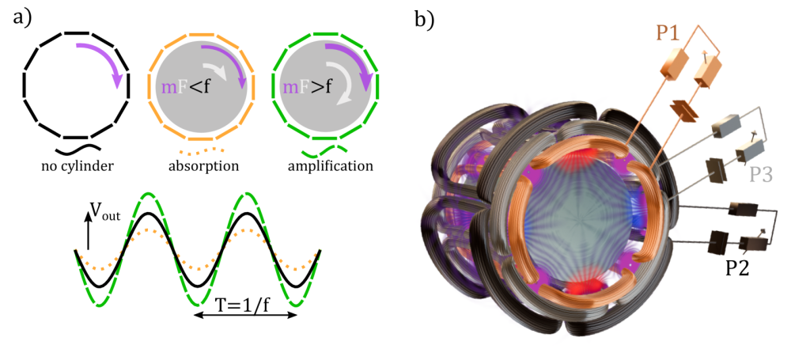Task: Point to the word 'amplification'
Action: tap(323, 166)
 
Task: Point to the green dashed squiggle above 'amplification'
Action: tap(324, 148)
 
